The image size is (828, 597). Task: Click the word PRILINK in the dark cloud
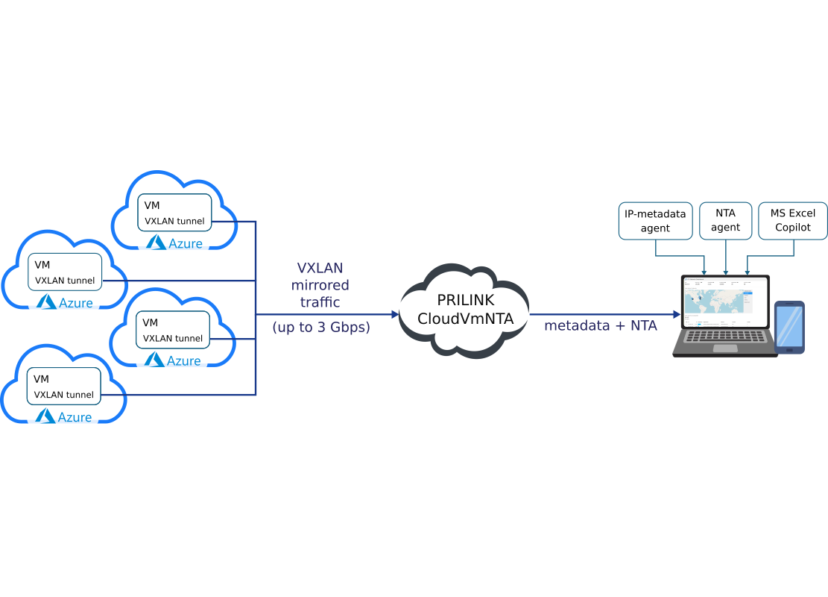point(464,300)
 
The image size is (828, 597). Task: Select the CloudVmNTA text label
point(465,319)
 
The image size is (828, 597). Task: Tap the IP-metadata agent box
point(656,221)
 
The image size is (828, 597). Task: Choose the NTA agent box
point(725,221)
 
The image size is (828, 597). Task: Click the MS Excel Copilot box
point(792,221)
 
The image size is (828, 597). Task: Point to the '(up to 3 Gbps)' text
point(321,327)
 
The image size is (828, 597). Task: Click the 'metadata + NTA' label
point(601,325)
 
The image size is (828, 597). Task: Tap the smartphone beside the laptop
point(789,327)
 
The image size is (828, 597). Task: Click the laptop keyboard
point(724,338)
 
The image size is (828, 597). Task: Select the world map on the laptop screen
point(715,301)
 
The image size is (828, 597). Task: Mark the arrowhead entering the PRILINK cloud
point(396,315)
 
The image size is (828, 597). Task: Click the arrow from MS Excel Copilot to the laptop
point(748,270)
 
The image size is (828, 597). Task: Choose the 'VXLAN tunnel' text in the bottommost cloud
point(64,395)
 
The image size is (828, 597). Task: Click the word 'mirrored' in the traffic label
point(320,285)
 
